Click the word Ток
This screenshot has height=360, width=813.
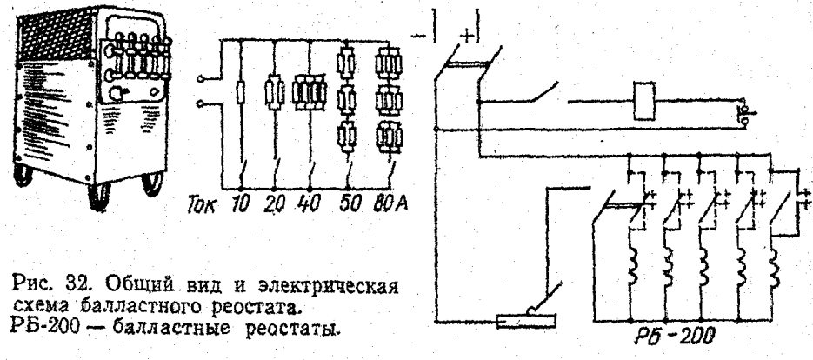click(x=199, y=209)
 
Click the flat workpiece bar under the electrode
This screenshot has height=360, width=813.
click(x=530, y=323)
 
